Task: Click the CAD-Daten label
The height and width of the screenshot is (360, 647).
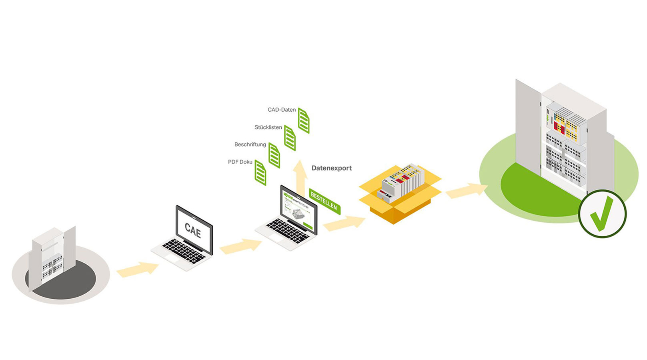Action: tap(282, 110)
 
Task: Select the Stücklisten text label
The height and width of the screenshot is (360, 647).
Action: tap(268, 127)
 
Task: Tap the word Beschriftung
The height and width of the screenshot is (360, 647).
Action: tap(250, 145)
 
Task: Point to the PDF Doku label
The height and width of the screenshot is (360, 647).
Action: tap(240, 162)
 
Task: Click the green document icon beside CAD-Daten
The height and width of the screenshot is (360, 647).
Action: tap(304, 121)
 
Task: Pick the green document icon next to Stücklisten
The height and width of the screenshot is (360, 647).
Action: tap(290, 138)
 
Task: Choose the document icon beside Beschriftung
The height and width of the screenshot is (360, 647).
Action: tap(274, 155)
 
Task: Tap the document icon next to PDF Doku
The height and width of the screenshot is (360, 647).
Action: tap(260, 173)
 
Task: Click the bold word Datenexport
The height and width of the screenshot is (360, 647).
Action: tap(331, 168)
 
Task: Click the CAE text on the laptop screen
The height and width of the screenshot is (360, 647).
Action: tap(193, 231)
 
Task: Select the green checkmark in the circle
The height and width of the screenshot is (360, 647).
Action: tap(602, 213)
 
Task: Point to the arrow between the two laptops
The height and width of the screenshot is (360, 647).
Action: tap(240, 246)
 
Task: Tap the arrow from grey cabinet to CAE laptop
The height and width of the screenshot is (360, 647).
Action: tap(138, 269)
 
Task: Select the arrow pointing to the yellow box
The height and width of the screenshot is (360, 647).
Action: tap(344, 223)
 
